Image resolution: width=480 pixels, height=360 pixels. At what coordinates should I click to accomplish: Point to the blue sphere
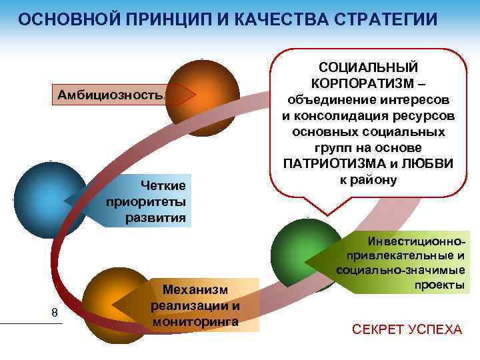47,197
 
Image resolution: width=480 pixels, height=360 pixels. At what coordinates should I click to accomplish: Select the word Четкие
163,185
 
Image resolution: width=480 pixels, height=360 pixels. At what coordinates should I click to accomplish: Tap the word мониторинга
195,321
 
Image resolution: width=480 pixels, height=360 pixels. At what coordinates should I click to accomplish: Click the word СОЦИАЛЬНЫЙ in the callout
368,68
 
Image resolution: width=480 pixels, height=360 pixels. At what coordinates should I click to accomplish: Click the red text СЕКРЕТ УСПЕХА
407,329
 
